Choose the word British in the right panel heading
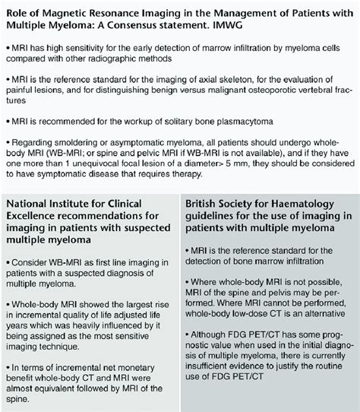coord(205,203)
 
